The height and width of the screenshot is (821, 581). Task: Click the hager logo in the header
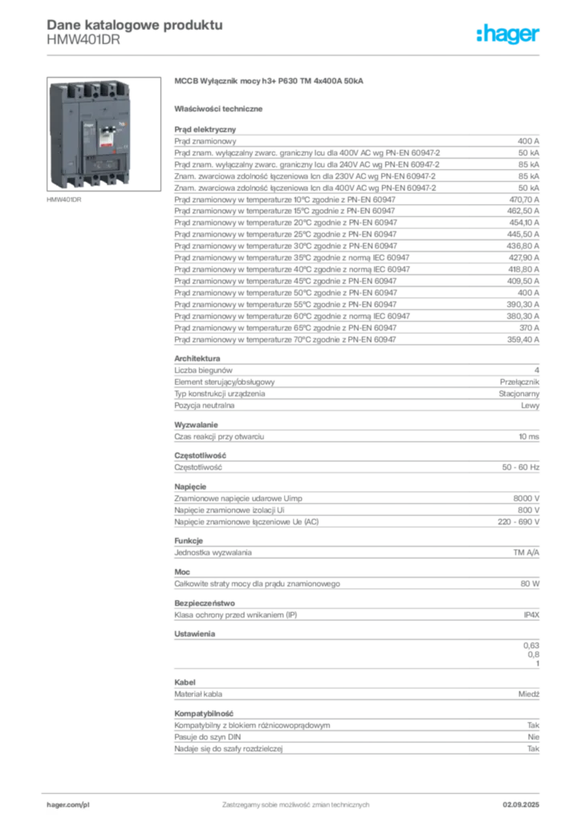[x=507, y=34]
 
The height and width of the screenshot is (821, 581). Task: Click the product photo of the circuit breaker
[x=104, y=134]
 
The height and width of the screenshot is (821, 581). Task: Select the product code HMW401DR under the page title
[x=83, y=40]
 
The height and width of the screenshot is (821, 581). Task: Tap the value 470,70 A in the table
[x=523, y=200]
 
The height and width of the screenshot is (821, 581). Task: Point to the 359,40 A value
[x=523, y=339]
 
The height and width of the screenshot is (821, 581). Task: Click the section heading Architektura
[x=197, y=358]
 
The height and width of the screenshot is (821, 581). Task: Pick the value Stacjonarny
[x=518, y=394]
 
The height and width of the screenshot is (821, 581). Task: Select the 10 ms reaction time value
[x=529, y=436]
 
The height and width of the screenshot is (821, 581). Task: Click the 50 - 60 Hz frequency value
[x=521, y=467]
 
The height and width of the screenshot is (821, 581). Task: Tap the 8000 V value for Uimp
[x=526, y=499]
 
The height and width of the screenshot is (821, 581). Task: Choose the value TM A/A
[x=526, y=552]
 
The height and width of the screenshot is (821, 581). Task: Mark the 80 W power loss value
[x=530, y=584]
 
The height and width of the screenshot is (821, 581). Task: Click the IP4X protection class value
[x=531, y=615]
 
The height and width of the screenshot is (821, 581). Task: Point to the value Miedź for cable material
[x=529, y=694]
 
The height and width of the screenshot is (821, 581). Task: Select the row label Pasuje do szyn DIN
[x=208, y=737]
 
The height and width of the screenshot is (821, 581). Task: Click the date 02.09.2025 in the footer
[x=521, y=805]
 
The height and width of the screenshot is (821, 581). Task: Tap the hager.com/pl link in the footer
[x=68, y=805]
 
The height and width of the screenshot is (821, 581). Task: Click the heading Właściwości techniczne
[x=218, y=109]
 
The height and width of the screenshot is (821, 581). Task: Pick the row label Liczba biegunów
[x=203, y=370]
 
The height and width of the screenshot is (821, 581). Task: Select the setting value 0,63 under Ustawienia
[x=531, y=645]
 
